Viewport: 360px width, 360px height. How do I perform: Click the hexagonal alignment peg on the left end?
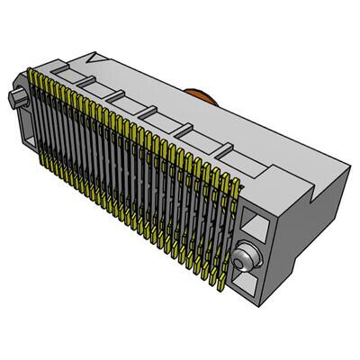tap(15, 97)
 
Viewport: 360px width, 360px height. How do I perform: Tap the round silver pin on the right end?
tap(240, 260)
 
